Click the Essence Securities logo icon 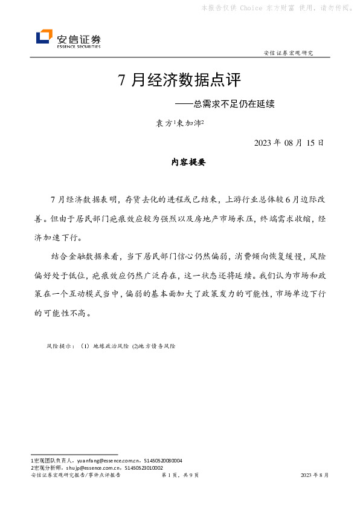pos(44,37)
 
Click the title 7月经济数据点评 pos(179,80)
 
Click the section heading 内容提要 pos(188,163)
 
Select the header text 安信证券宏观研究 pos(289,53)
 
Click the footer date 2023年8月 pos(315,476)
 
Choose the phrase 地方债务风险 pos(156,346)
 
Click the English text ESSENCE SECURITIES pos(79,46)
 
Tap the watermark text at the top pos(276,8)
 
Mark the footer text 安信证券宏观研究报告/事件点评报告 pos(76,476)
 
